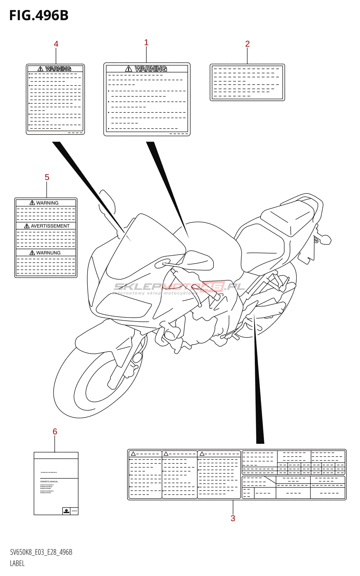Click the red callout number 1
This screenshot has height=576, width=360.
pyautogui.click(x=146, y=42)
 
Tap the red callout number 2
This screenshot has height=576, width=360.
pyautogui.click(x=247, y=44)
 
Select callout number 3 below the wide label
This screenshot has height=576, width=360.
pyautogui.click(x=233, y=518)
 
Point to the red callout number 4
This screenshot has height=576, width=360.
pyautogui.click(x=56, y=44)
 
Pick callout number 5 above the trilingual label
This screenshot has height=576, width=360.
pyautogui.click(x=47, y=177)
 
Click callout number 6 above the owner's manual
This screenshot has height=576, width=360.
pyautogui.click(x=55, y=431)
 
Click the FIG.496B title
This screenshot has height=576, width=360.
pyautogui.click(x=39, y=15)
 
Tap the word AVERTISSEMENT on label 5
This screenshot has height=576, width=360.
pyautogui.click(x=50, y=226)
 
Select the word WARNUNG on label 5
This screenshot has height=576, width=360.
pyautogui.click(x=48, y=253)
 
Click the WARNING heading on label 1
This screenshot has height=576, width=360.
pyautogui.click(x=150, y=68)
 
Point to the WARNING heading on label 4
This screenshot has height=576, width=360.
pyautogui.click(x=58, y=69)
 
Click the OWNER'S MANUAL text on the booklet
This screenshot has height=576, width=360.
pyautogui.click(x=49, y=481)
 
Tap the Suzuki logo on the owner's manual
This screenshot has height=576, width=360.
pyautogui.click(x=66, y=510)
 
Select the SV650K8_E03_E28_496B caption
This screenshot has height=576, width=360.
pyautogui.click(x=41, y=552)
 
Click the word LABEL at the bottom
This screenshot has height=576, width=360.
pyautogui.click(x=17, y=563)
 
